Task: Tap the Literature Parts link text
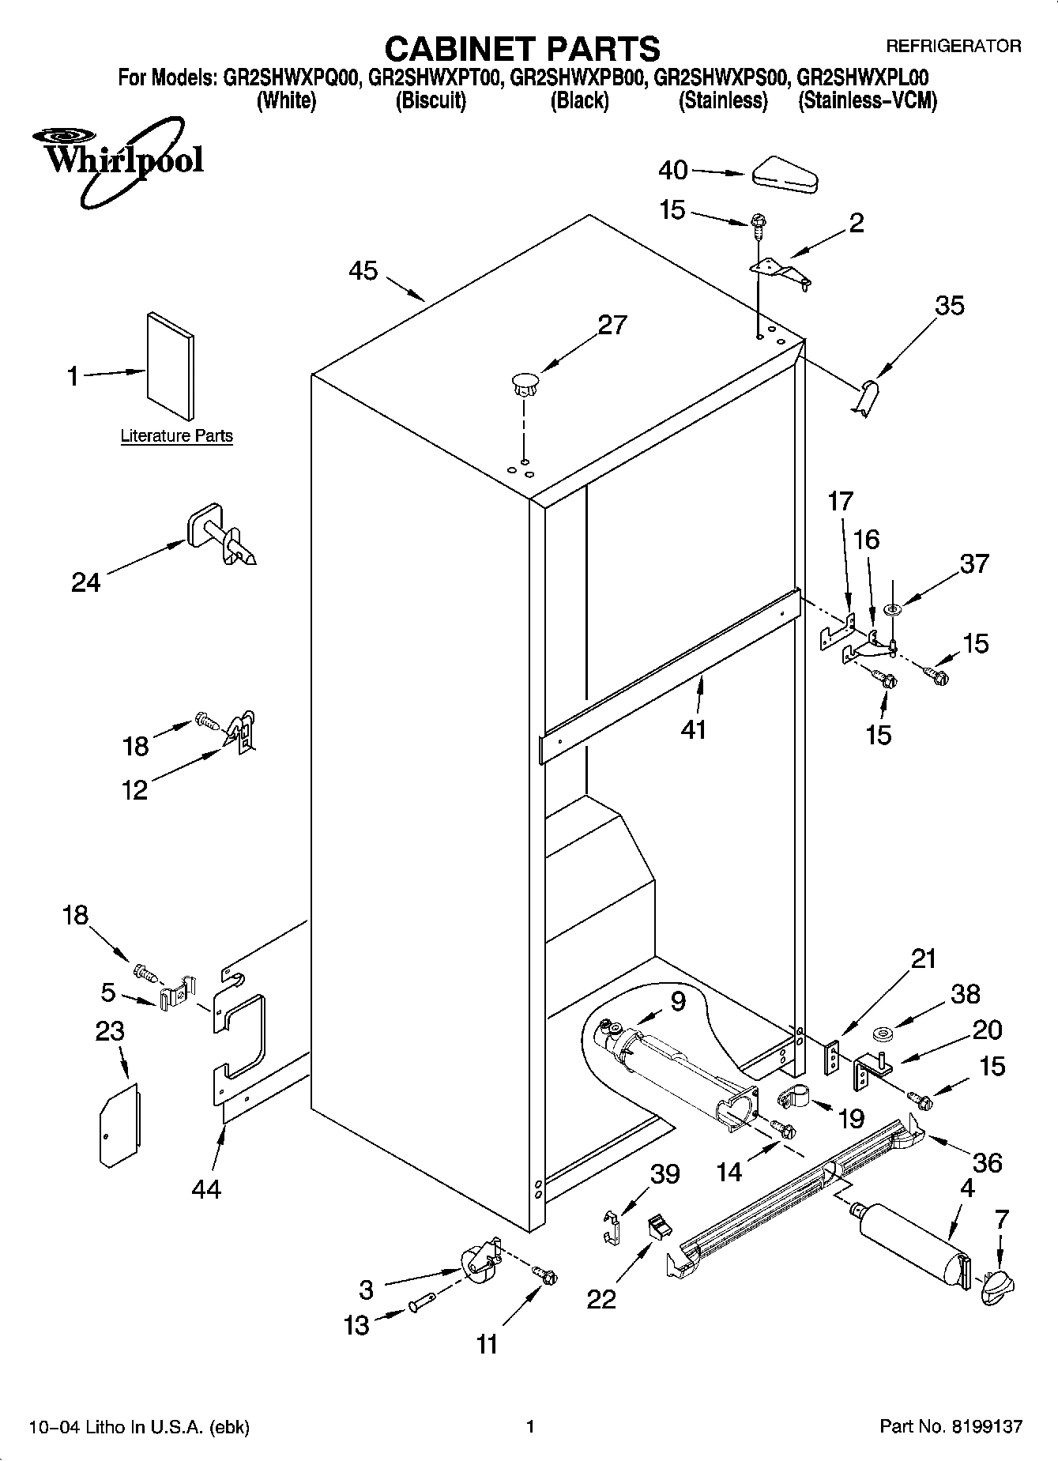[176, 435]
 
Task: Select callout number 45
[363, 271]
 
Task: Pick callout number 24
[86, 582]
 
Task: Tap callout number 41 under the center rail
[693, 729]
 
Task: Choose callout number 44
[206, 1188]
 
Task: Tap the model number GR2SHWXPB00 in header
[580, 78]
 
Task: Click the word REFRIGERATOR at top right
[952, 46]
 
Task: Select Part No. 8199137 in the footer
[951, 1426]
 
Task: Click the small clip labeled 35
[867, 395]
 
